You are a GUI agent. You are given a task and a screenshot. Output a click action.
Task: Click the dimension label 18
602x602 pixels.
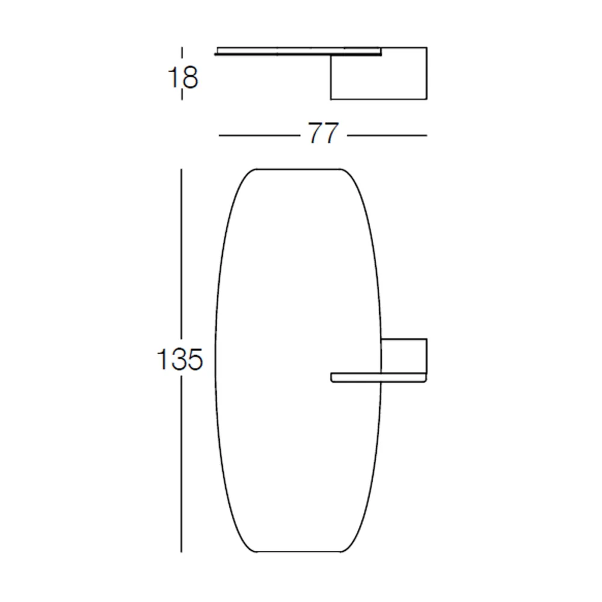point(183,78)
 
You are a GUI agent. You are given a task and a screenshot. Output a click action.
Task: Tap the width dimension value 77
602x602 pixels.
point(324,133)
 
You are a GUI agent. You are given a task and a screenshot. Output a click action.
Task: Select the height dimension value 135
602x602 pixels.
point(179,359)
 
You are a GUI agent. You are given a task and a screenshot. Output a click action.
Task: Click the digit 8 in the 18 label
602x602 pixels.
point(191,78)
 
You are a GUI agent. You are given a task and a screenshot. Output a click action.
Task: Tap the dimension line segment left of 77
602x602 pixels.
point(259,135)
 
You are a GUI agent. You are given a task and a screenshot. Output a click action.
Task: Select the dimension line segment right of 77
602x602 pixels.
point(387,135)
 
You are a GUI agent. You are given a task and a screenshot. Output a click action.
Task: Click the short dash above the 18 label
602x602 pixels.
point(182,56)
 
